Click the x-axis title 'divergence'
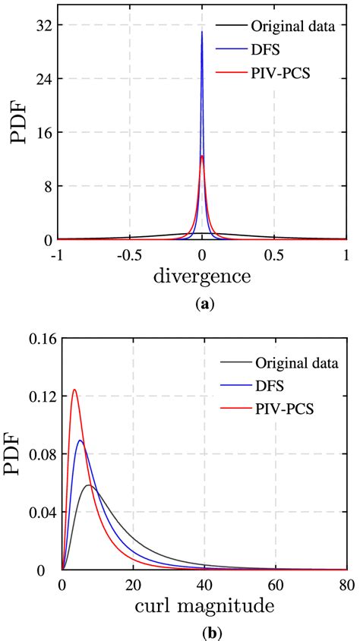point(202,276)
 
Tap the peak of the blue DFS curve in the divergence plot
point(202,32)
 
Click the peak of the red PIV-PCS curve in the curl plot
point(74,390)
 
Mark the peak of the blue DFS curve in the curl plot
point(80,440)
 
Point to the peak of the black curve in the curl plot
point(89,485)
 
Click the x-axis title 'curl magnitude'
point(202,607)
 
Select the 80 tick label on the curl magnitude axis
point(346,586)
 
